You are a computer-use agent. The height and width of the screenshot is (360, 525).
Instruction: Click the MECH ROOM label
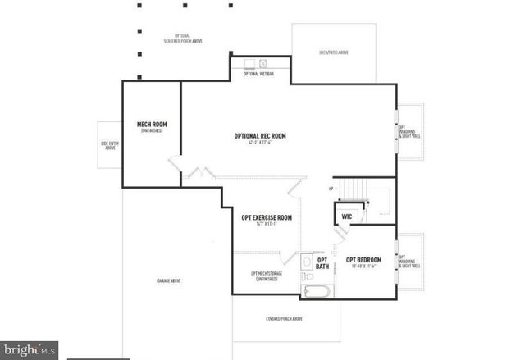click(x=152, y=125)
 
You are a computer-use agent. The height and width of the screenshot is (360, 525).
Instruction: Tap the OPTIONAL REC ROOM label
click(x=260, y=136)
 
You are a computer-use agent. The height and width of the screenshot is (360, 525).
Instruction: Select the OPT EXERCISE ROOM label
click(x=267, y=217)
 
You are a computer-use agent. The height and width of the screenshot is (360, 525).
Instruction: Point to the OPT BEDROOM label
click(x=364, y=260)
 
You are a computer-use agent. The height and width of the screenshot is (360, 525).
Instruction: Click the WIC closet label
click(x=347, y=216)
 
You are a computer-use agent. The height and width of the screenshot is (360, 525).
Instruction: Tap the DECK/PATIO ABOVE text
click(x=334, y=52)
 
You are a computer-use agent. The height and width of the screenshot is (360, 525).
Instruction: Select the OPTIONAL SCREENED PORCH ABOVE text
click(x=177, y=39)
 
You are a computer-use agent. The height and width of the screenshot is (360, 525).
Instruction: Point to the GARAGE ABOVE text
click(x=169, y=281)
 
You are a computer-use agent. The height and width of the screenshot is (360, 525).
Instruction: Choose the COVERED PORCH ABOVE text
click(x=285, y=318)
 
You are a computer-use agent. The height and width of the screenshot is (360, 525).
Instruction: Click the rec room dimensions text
click(x=260, y=144)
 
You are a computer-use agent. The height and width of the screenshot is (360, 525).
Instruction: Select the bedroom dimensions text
click(x=364, y=267)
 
